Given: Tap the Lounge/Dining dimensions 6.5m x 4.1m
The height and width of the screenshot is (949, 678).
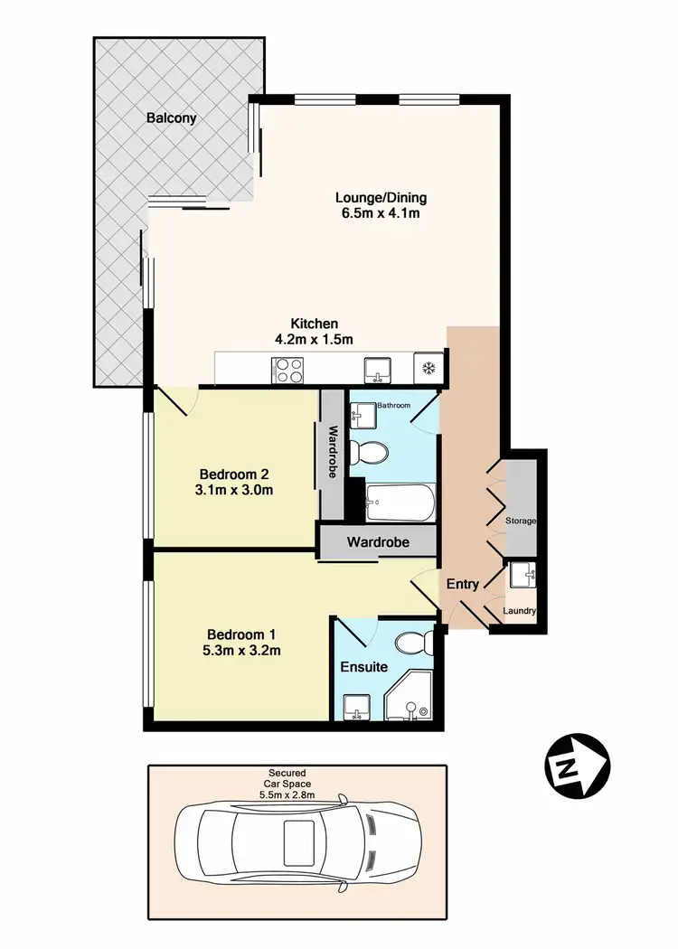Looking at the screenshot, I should (381, 214).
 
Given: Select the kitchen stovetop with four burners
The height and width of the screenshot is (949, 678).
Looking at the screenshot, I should (287, 370).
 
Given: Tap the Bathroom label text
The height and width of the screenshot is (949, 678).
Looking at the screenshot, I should (394, 406).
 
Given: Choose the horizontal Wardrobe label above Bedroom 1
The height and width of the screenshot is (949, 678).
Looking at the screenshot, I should (379, 543).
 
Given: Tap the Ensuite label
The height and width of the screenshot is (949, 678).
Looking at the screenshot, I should (363, 667).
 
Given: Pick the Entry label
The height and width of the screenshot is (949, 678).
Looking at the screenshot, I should (462, 584).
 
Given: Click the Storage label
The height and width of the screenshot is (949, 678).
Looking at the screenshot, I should (521, 521).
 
